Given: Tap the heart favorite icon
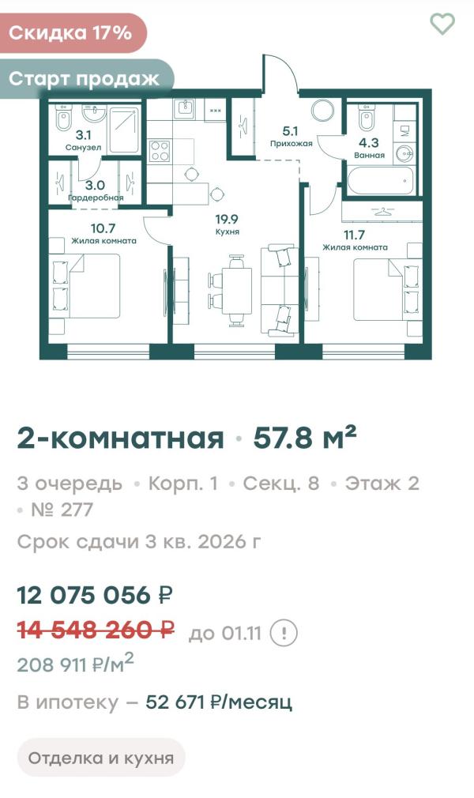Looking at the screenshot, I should pyautogui.click(x=442, y=24).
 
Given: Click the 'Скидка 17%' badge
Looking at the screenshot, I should pyautogui.click(x=71, y=32).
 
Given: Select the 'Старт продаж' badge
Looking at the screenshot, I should pyautogui.click(x=85, y=78).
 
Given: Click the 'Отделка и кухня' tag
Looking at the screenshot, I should pyautogui.click(x=101, y=758).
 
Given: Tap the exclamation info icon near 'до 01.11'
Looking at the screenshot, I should pyautogui.click(x=284, y=633).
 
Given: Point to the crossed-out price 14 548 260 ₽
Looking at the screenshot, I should pyautogui.click(x=96, y=630).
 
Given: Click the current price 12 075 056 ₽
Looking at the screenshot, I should pyautogui.click(x=96, y=594).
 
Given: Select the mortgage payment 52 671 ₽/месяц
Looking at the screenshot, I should pyautogui.click(x=219, y=702).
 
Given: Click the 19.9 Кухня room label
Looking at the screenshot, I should pyautogui.click(x=227, y=224).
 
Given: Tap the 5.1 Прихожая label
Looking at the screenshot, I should pyautogui.click(x=292, y=137).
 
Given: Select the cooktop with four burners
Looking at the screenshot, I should pyautogui.click(x=160, y=149).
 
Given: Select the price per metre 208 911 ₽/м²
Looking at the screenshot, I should pyautogui.click(x=75, y=664).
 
